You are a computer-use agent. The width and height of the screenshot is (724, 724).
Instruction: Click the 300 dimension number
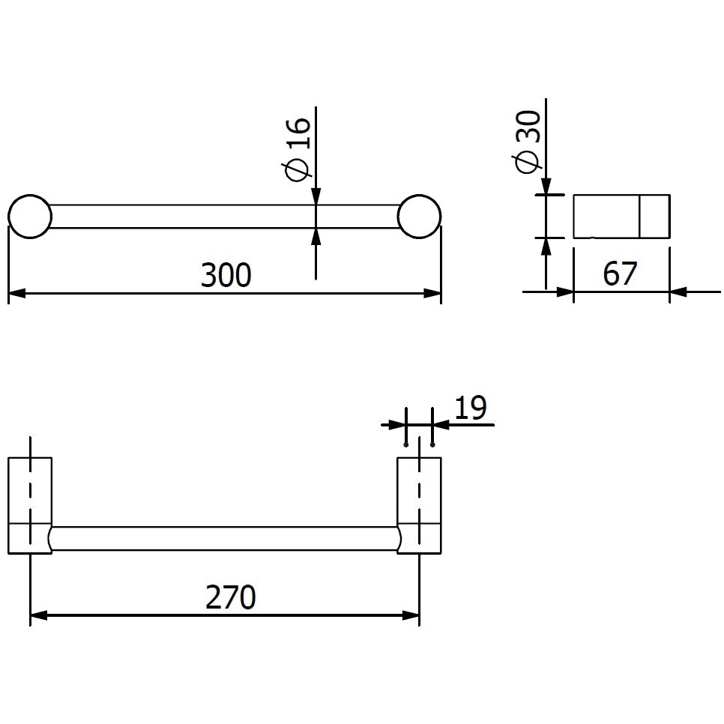[x=226, y=275]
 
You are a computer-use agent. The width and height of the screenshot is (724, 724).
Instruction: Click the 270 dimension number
[x=231, y=597]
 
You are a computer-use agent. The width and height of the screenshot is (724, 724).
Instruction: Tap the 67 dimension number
[x=620, y=274]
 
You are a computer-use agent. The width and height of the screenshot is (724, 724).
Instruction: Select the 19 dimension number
[x=470, y=408]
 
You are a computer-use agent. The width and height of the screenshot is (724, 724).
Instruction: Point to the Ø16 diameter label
[x=298, y=148]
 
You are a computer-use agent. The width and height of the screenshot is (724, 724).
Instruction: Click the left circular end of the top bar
[x=29, y=217]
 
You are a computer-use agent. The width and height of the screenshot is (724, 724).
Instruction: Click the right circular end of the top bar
[x=419, y=217]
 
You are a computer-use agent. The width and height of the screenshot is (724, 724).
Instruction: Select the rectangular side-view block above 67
[x=621, y=217]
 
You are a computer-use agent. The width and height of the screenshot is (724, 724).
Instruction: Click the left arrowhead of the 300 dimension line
[x=16, y=293]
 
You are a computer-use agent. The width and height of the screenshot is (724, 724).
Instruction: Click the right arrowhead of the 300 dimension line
[x=433, y=293]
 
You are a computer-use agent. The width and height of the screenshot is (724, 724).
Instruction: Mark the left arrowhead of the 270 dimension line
[x=37, y=616]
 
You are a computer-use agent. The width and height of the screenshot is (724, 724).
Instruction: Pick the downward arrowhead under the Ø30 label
[x=546, y=187]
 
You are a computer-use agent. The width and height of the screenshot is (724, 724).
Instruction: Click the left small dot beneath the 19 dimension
[x=405, y=445]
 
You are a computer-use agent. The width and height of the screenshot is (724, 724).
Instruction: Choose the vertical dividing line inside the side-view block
[x=639, y=217]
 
